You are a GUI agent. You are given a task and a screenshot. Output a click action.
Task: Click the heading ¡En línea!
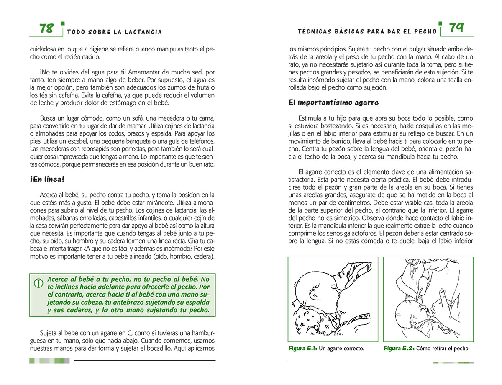[47, 180]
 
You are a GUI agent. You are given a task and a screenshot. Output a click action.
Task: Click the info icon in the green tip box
[38, 283]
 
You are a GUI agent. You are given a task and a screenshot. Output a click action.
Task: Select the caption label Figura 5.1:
[302, 348]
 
